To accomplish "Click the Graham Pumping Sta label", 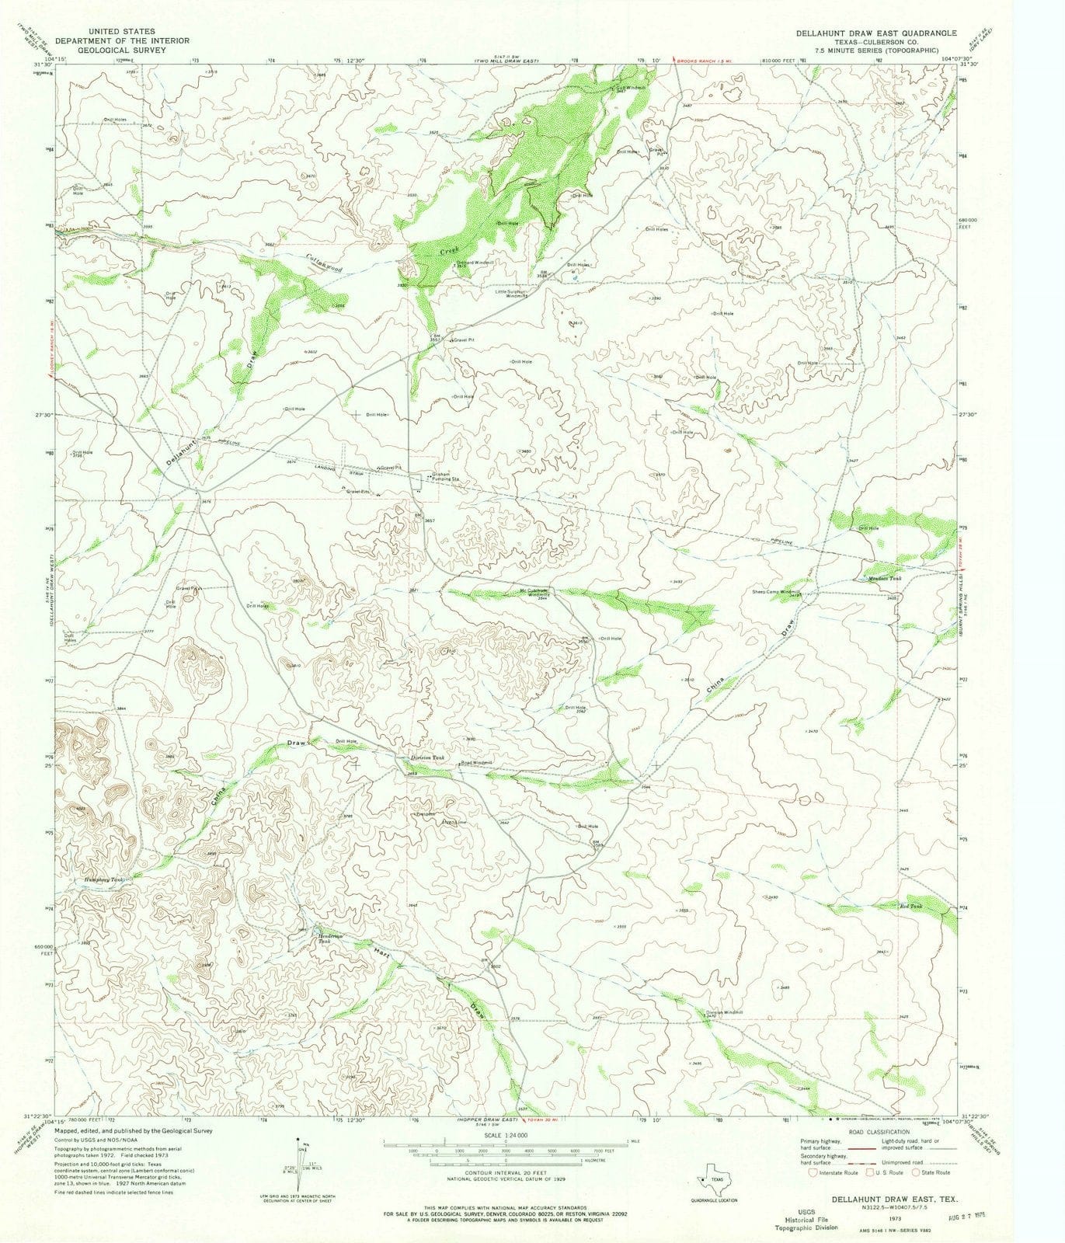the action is [447, 477].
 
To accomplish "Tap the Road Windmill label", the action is [477, 763].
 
